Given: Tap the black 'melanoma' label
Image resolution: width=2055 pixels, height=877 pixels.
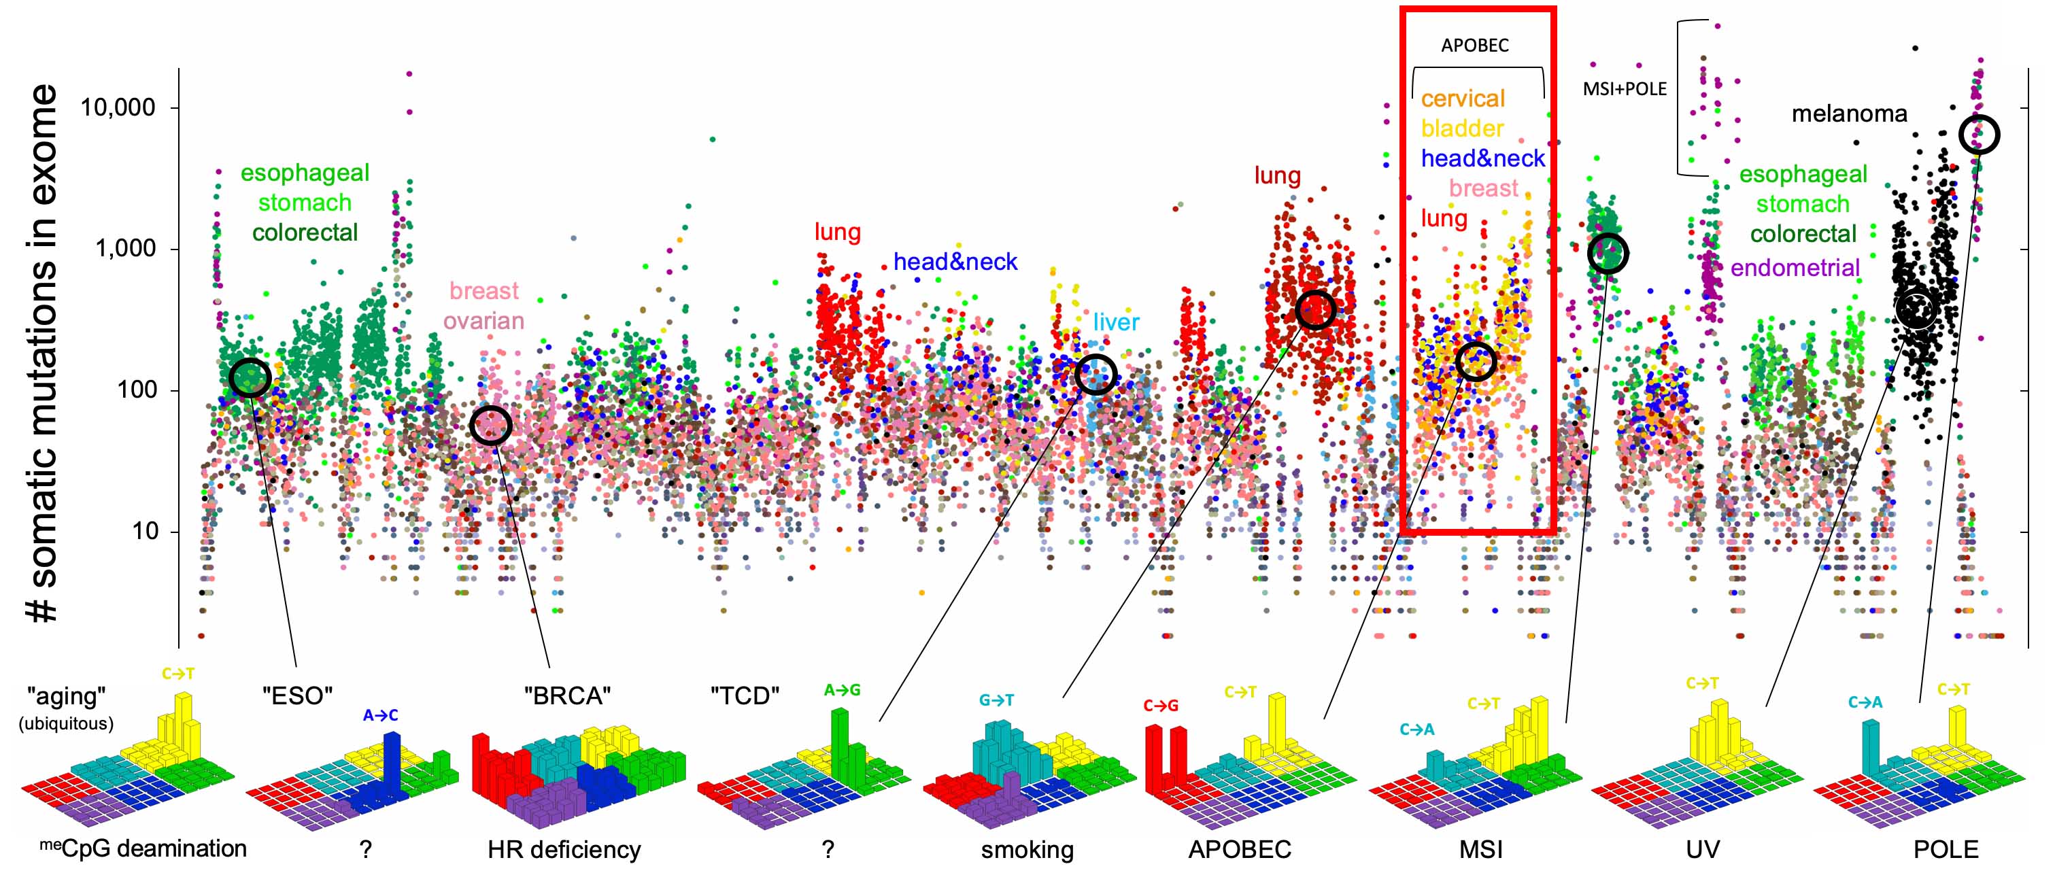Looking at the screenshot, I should [x=1848, y=114].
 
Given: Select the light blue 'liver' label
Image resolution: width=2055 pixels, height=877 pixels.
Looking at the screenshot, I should [x=1115, y=322].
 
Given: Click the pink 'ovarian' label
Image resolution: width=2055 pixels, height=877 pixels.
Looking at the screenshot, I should [x=483, y=320].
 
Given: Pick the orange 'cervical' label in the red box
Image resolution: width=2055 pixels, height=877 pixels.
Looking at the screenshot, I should [x=1462, y=98].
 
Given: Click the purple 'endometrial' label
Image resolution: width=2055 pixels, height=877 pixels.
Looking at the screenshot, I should [x=1795, y=267].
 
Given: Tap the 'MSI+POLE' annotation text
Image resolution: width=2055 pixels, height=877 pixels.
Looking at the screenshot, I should [x=1625, y=88].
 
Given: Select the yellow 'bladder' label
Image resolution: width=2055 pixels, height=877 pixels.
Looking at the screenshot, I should [x=1461, y=128].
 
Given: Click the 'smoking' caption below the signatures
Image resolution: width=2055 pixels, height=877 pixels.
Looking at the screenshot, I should [x=1027, y=849].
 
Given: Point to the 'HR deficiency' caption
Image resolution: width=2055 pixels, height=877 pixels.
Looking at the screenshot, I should [x=564, y=849].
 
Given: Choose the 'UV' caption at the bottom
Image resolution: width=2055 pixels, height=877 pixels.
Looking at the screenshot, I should [x=1702, y=849].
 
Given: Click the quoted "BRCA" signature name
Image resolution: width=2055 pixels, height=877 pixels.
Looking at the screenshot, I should [x=567, y=695].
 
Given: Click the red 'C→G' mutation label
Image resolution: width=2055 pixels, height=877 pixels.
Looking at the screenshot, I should [x=1160, y=705].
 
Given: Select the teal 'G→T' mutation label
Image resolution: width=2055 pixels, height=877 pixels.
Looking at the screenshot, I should [x=996, y=700].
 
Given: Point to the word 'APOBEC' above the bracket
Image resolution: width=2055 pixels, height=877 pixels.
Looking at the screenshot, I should [x=1474, y=46].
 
